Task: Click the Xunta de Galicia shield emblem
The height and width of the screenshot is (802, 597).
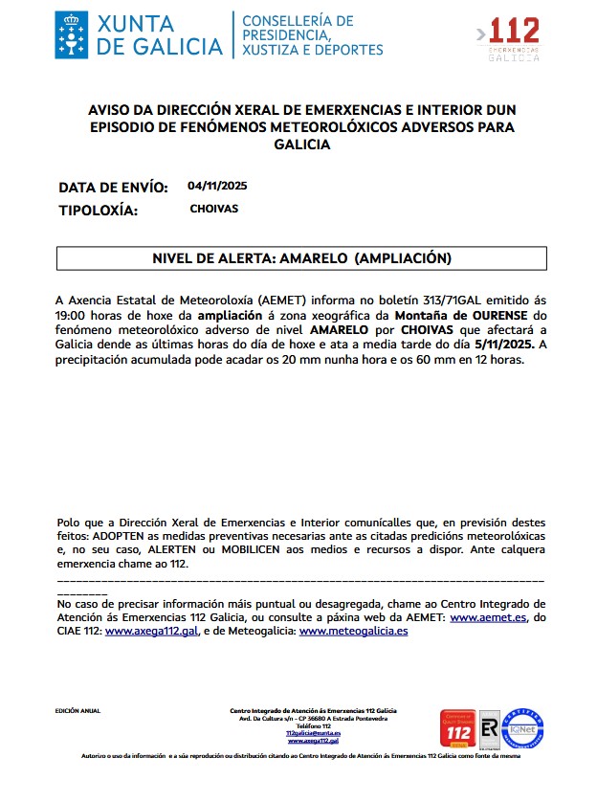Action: (x=72, y=33)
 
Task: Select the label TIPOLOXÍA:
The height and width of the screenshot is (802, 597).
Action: (x=99, y=211)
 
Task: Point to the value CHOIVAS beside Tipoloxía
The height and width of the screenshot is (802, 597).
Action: (x=213, y=209)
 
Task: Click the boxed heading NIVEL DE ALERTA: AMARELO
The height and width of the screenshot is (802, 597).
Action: (x=301, y=258)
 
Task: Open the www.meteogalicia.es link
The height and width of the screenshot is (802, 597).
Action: (x=353, y=633)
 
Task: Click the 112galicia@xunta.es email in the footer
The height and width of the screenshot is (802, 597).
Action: (x=313, y=732)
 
